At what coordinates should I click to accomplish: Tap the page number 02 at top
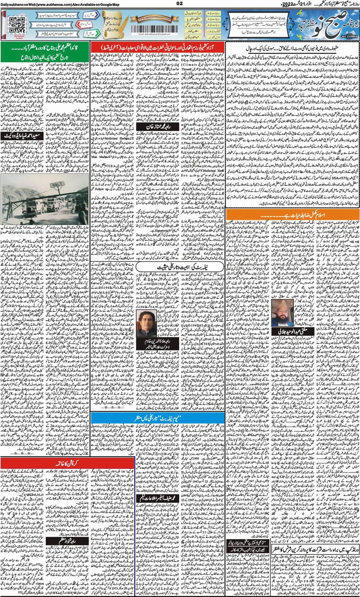(180, 4)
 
